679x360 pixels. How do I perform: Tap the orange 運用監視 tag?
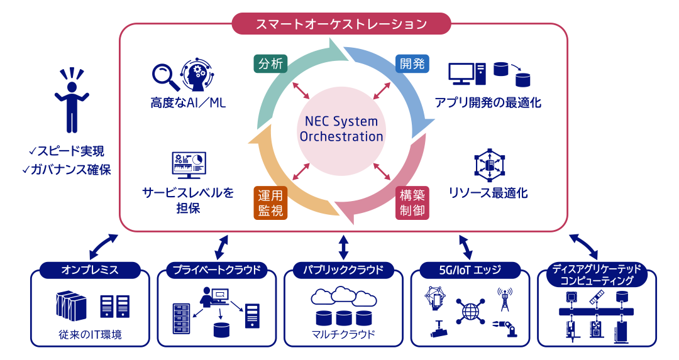point(270,202)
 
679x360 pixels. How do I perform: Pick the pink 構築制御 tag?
point(412,202)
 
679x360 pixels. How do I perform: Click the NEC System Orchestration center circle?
point(341,129)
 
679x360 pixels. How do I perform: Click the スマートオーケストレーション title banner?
point(341,25)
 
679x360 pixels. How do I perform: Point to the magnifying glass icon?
point(165,75)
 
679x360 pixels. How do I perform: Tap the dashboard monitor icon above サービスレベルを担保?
point(188,165)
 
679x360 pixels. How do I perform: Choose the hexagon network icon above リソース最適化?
point(489,165)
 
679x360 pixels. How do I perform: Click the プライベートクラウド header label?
point(216,270)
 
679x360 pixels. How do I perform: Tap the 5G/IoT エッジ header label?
point(470,270)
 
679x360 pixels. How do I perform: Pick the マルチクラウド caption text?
point(343,334)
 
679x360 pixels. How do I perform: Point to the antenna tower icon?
point(503,299)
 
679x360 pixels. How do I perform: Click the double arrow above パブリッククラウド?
point(343,247)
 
